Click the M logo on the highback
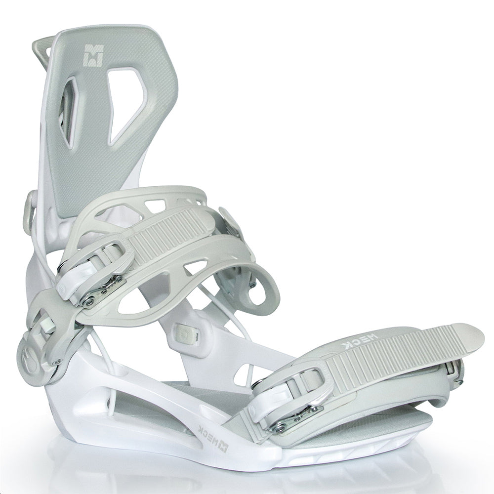coord(93,55)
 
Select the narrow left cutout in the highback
coord(71,112)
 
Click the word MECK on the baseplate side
coord(207,430)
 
